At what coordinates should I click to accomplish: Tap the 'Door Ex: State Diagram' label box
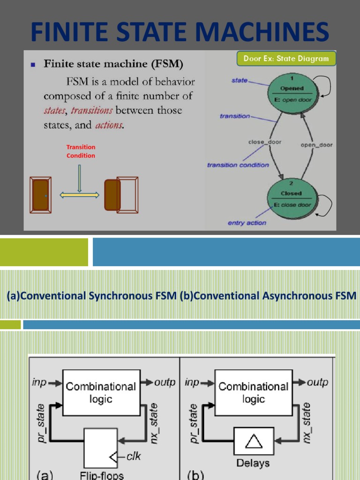(x=286, y=59)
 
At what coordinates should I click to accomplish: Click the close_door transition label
(x=264, y=142)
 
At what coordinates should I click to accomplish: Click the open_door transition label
(x=316, y=145)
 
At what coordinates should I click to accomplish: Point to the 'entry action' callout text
(x=247, y=223)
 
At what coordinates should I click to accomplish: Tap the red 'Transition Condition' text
(x=81, y=151)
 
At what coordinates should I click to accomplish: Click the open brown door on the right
(x=112, y=195)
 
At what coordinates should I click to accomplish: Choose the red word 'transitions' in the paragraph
(x=91, y=111)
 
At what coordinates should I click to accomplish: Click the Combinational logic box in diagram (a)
(x=101, y=392)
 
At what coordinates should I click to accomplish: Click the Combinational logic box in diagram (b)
(x=254, y=392)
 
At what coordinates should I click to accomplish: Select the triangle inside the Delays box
(x=254, y=441)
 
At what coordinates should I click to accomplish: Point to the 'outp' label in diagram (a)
(x=165, y=382)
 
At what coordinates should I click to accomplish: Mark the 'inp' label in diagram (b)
(x=192, y=382)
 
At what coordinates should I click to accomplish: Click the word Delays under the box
(x=254, y=463)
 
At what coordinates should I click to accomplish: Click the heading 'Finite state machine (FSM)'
(x=113, y=63)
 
